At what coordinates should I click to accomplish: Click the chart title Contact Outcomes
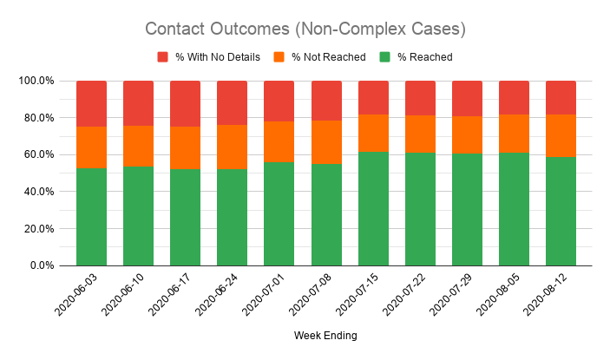click(305, 29)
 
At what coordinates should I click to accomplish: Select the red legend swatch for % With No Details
click(163, 57)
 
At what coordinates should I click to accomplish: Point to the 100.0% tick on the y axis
click(36, 81)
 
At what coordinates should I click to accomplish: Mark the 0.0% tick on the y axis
click(43, 265)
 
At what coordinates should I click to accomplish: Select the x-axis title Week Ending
click(325, 336)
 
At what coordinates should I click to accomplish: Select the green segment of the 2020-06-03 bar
click(92, 217)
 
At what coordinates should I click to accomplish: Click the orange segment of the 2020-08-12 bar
click(561, 136)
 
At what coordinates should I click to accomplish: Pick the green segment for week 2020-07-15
click(373, 209)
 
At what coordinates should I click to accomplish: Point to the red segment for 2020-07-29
click(467, 99)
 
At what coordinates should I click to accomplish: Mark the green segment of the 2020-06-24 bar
click(232, 218)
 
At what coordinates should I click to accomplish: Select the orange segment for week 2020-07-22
click(420, 134)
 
